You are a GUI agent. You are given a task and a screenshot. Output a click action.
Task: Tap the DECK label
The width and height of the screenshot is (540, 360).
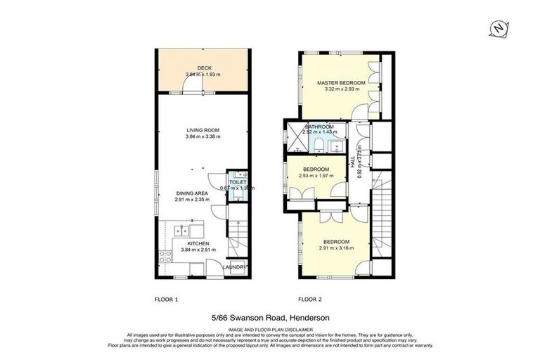[x=204, y=68]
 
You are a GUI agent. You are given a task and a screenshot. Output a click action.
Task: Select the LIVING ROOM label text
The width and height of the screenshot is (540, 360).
[x=203, y=130]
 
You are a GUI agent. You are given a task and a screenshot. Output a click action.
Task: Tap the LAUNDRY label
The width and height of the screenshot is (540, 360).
[x=236, y=267]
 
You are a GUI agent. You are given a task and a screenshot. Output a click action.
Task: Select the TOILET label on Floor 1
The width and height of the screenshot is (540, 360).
[x=238, y=182]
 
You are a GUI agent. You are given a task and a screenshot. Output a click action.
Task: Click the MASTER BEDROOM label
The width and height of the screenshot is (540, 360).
[x=341, y=83]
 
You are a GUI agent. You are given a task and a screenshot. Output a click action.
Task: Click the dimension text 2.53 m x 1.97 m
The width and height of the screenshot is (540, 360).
[x=316, y=176]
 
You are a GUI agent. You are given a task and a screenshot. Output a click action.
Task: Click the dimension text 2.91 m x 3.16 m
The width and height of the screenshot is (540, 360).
[x=333, y=247]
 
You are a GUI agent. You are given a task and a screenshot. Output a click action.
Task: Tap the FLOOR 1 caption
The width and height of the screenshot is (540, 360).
[x=166, y=300]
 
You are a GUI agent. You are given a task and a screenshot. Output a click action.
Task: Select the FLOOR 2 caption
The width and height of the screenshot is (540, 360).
[x=310, y=300]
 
